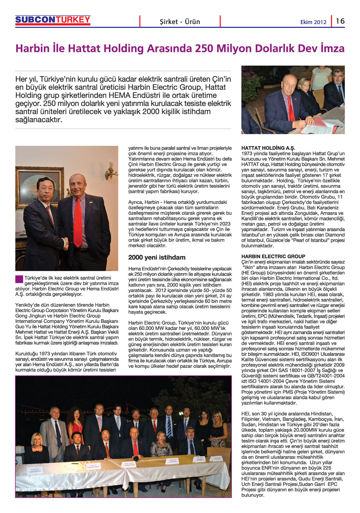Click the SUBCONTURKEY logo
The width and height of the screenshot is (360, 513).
pyautogui.click(x=53, y=20)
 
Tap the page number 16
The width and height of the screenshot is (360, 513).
pyautogui.click(x=340, y=21)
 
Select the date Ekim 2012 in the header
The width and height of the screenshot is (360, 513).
pyautogui.click(x=313, y=22)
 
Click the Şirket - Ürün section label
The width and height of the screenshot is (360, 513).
pyautogui.click(x=180, y=22)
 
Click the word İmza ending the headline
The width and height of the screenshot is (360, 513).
pyautogui.click(x=332, y=49)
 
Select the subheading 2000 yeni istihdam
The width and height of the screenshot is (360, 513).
pyautogui.click(x=157, y=258)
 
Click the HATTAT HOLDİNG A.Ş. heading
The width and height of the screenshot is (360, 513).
pyautogui.click(x=268, y=148)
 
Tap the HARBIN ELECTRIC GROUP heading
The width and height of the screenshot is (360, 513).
pyautogui.click(x=273, y=256)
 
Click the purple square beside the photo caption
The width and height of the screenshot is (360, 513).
pyautogui.click(x=19, y=279)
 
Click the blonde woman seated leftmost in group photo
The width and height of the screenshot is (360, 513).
pyautogui.click(x=36, y=446)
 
